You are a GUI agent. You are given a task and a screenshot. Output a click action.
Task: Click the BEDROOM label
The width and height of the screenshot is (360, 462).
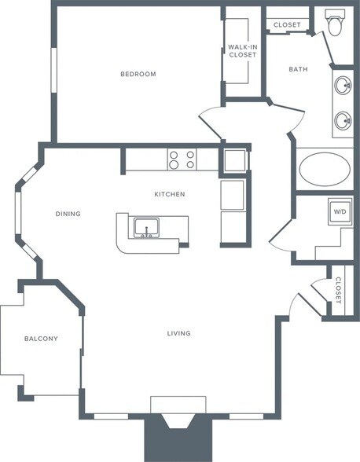tap(138, 74)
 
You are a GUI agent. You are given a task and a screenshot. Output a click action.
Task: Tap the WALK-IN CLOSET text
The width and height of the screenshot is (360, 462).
tap(243, 50)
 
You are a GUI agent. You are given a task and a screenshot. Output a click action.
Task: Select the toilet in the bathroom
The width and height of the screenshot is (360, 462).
tap(335, 22)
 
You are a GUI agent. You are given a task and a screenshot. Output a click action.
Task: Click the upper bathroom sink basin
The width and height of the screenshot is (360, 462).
tap(343, 85)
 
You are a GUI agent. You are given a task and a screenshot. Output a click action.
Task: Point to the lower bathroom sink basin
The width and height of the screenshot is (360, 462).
tap(343, 120)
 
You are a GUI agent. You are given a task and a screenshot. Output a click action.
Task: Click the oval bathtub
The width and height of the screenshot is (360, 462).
tap(325, 169)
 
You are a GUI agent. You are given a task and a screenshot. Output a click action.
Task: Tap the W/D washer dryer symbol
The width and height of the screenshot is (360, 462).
tap(340, 211)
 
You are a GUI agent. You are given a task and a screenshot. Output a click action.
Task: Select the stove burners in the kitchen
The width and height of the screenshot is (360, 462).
tap(182, 159)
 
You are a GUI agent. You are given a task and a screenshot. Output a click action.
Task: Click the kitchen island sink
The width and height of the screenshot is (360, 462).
tap(146, 228)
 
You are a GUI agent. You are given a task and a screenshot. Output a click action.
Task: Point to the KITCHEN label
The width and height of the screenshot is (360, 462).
tap(170, 194)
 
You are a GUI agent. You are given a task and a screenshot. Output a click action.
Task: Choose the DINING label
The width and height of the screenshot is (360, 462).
tap(68, 214)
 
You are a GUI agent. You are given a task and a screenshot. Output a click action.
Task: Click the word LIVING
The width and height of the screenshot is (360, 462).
tap(179, 333)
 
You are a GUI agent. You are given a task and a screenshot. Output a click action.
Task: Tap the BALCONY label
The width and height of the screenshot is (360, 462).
tap(41, 339)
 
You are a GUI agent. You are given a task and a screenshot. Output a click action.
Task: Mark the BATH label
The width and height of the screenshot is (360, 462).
tap(299, 69)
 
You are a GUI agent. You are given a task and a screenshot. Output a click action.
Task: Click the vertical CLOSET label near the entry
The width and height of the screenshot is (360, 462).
tap(338, 291)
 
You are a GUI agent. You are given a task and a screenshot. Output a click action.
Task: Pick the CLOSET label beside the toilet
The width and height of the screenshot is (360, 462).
tap(287, 25)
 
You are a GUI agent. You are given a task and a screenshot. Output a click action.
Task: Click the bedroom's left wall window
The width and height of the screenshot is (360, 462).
tap(53, 70)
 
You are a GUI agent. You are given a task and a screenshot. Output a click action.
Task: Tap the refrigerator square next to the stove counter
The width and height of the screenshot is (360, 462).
tap(235, 161)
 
